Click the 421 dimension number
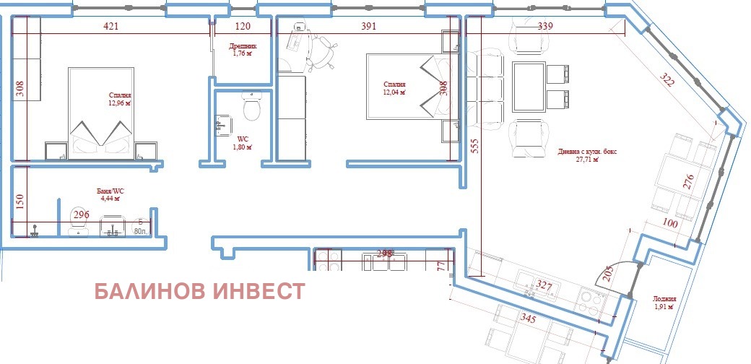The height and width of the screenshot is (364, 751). [x=110, y=27]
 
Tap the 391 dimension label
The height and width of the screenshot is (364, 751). [x=369, y=27]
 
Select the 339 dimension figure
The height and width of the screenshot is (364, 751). [x=546, y=27]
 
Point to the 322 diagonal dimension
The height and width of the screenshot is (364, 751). [x=667, y=80]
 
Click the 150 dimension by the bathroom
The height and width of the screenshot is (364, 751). [x=21, y=200]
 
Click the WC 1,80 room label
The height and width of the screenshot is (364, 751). [x=242, y=142]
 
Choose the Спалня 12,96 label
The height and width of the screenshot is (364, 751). [x=120, y=99]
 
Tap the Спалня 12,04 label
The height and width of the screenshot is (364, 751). [x=395, y=88]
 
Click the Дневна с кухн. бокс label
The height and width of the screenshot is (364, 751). [x=588, y=155]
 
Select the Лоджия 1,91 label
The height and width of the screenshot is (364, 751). [x=664, y=302]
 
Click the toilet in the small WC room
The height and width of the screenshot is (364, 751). [x=252, y=109]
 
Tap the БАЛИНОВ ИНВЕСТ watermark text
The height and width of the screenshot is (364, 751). [x=200, y=292]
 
